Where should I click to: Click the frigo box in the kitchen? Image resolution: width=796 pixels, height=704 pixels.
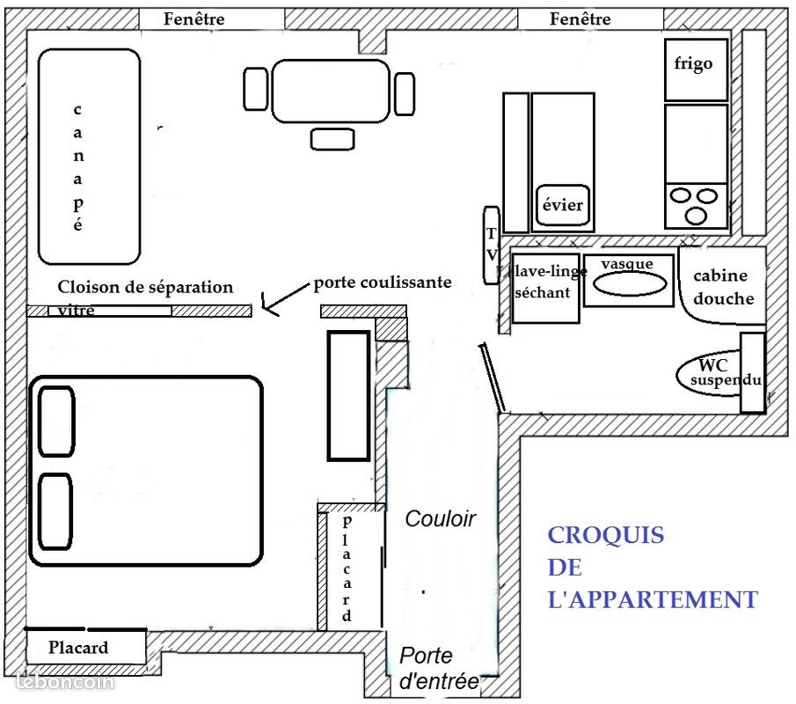click(696, 70)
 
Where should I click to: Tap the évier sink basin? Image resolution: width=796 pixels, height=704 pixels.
click(563, 205)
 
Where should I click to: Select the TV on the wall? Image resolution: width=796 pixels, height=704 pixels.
click(492, 245)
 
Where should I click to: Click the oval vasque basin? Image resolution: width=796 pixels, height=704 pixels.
click(630, 284)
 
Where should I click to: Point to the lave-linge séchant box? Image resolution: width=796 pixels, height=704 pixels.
click(545, 288)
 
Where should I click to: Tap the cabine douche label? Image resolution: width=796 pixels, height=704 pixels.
click(722, 287)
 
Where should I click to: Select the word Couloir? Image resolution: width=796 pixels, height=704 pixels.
click(440, 518)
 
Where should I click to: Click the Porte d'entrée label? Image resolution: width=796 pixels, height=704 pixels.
click(438, 668)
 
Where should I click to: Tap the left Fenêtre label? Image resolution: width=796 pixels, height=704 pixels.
click(194, 18)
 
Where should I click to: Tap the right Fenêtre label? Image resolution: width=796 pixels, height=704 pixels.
click(581, 18)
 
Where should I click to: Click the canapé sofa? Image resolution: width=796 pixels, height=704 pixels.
click(89, 157)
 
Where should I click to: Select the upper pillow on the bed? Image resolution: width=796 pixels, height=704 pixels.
click(56, 422)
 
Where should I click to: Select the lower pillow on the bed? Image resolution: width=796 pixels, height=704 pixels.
click(55, 511)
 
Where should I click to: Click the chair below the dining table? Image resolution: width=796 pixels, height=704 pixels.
click(332, 139)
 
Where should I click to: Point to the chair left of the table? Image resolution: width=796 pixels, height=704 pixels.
click(255, 89)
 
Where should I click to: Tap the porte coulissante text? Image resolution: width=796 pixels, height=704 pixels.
click(383, 282)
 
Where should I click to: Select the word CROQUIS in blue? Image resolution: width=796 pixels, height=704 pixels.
click(606, 535)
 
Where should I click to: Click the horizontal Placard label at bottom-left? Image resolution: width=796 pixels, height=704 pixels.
click(78, 647)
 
